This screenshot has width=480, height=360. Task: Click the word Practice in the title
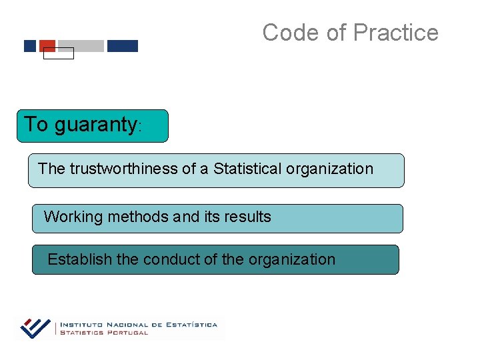[x=395, y=32]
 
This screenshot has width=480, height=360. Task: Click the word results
[x=247, y=217]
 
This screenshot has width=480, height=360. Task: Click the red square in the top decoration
[x=47, y=45]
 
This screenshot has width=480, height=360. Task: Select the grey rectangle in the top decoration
[x=81, y=46]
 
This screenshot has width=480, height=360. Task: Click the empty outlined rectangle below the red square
[x=58, y=54]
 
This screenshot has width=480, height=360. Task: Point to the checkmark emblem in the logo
[x=35, y=327]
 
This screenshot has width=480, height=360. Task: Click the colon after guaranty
[x=139, y=127]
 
